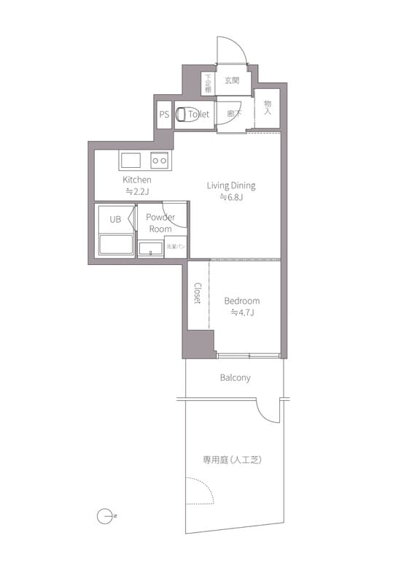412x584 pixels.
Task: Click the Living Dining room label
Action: coord(231,185)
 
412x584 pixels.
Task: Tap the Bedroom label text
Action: coord(241,301)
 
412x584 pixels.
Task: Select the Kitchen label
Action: coord(137,180)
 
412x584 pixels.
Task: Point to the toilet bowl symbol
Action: coord(182,115)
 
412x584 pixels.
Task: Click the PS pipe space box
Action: coord(164,115)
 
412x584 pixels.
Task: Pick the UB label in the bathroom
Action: coord(115,218)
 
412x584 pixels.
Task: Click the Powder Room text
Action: coord(160,223)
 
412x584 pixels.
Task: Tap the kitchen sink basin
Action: coord(132,161)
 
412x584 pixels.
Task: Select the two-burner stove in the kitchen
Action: coord(159,161)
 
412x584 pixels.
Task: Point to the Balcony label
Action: coord(235,377)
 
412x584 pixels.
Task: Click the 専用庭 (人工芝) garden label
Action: coord(232,460)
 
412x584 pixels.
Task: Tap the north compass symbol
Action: coord(104,516)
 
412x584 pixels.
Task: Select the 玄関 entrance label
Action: coord(232,80)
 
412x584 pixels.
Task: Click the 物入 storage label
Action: coord(268,109)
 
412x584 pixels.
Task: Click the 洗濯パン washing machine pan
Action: coord(176,247)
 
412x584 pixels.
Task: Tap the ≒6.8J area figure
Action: coord(231,198)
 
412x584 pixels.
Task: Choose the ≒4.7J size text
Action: coord(241,313)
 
